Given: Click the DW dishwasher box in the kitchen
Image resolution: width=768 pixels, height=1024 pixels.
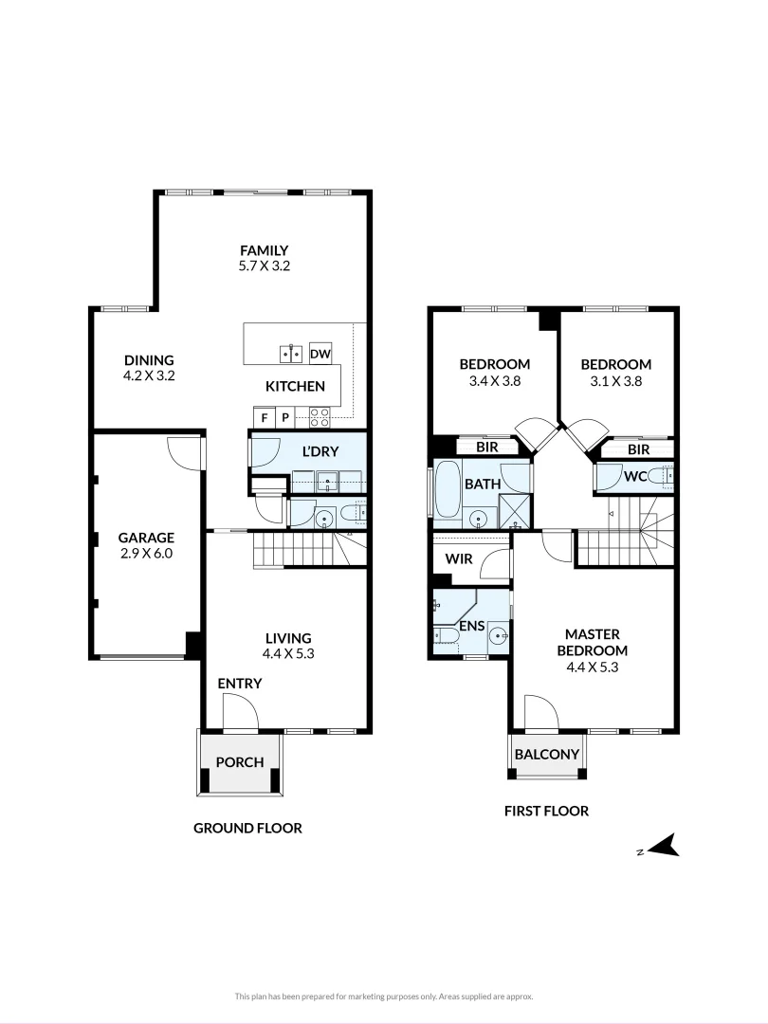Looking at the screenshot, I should point(320,354).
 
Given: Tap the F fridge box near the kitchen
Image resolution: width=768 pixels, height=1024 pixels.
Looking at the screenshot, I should point(264,417).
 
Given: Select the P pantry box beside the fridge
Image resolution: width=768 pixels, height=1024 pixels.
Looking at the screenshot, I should point(283,417).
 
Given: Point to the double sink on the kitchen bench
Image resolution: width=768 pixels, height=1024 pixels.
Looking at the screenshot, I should point(290,354).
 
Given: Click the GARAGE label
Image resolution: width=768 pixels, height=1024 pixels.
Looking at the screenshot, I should point(146,537).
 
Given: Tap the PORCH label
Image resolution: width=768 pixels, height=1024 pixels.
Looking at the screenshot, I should point(240,762).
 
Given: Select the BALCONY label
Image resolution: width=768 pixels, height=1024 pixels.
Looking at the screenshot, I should point(546,755).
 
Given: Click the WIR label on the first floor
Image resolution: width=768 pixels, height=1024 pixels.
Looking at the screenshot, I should point(459,559).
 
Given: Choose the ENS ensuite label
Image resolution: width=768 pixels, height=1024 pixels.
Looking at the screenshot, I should point(471,627).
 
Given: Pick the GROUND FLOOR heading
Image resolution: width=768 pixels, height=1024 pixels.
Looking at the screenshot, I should point(247,828).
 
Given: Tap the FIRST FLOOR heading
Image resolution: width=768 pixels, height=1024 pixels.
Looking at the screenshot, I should point(546,811).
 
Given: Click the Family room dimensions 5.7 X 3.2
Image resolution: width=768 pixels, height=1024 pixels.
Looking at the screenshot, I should point(264,266).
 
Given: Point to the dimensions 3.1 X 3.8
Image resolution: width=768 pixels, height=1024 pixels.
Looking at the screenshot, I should point(615,381).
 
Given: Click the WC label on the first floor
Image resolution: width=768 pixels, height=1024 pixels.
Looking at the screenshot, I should point(634,477).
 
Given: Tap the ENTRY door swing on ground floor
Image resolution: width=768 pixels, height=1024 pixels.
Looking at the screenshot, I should point(239,711).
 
